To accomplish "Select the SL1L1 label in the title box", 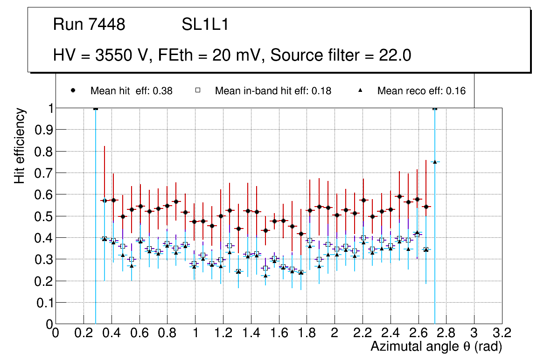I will tap(205, 25).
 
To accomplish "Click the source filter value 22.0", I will tap(395, 55).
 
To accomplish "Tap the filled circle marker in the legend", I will tap(73, 90).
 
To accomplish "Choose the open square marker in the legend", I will tap(198, 90).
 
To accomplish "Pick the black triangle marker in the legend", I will tap(361, 90).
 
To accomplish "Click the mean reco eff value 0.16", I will tap(456, 91).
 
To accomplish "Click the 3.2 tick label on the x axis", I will tap(502, 333).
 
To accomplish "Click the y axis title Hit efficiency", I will tap(19, 145).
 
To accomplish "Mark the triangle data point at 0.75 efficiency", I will tap(435, 162).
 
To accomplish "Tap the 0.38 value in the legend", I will tap(163, 91).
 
